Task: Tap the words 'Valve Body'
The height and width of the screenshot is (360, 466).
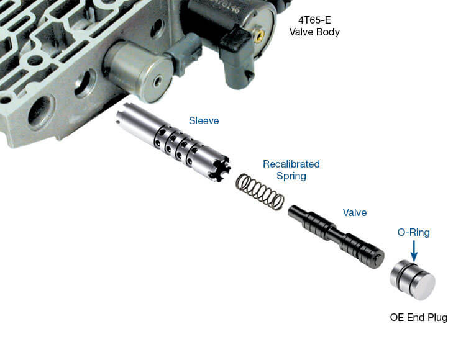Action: (x=314, y=32)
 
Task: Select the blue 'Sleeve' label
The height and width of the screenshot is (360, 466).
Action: (x=204, y=120)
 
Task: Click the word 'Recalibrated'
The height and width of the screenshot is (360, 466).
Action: (x=291, y=164)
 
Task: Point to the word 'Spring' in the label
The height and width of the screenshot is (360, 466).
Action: (x=291, y=176)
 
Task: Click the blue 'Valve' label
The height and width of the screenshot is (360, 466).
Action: (x=355, y=212)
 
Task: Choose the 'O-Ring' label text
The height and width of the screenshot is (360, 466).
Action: (x=413, y=233)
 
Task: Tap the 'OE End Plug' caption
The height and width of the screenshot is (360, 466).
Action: (x=418, y=318)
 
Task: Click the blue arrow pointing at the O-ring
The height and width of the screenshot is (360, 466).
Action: (x=413, y=251)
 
